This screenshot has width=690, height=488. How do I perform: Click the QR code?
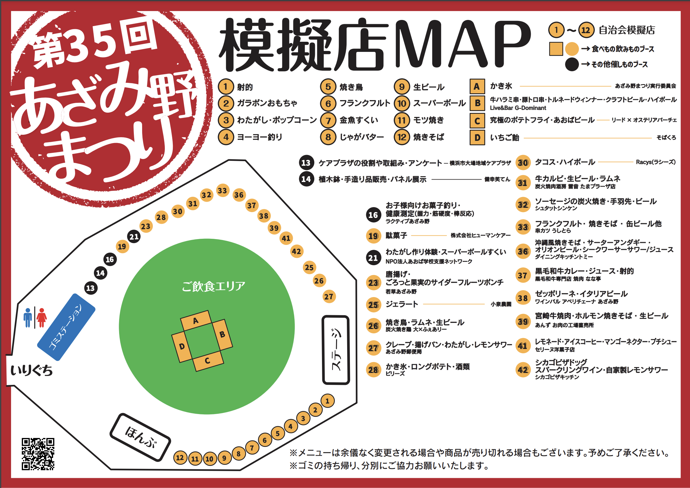click(x=38, y=454)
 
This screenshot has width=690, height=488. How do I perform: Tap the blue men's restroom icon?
click(x=28, y=318)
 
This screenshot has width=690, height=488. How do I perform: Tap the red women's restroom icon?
click(x=42, y=318)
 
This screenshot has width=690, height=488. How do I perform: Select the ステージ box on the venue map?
click(x=336, y=350)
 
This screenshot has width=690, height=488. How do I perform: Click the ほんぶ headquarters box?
click(x=140, y=437)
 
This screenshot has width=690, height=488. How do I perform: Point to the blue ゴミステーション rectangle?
click(x=66, y=327)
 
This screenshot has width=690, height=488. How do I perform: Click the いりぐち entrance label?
click(x=32, y=370)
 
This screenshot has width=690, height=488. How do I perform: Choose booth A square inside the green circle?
click(x=196, y=321)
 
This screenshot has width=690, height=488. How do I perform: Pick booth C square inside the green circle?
click(x=207, y=361)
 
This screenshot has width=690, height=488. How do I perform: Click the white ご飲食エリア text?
click(x=213, y=286)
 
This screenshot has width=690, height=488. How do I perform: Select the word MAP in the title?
click(x=462, y=45)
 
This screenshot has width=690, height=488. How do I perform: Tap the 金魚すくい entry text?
click(x=359, y=120)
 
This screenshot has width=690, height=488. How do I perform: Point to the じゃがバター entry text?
click(x=362, y=137)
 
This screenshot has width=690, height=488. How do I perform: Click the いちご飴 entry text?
click(x=504, y=137)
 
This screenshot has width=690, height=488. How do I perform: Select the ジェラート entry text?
click(x=402, y=304)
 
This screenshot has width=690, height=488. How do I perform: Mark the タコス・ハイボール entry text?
click(x=565, y=162)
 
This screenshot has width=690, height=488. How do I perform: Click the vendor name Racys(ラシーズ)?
click(x=656, y=162)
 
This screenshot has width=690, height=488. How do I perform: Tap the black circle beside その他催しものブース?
click(x=572, y=64)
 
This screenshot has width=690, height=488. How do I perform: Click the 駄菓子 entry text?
click(x=396, y=235)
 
